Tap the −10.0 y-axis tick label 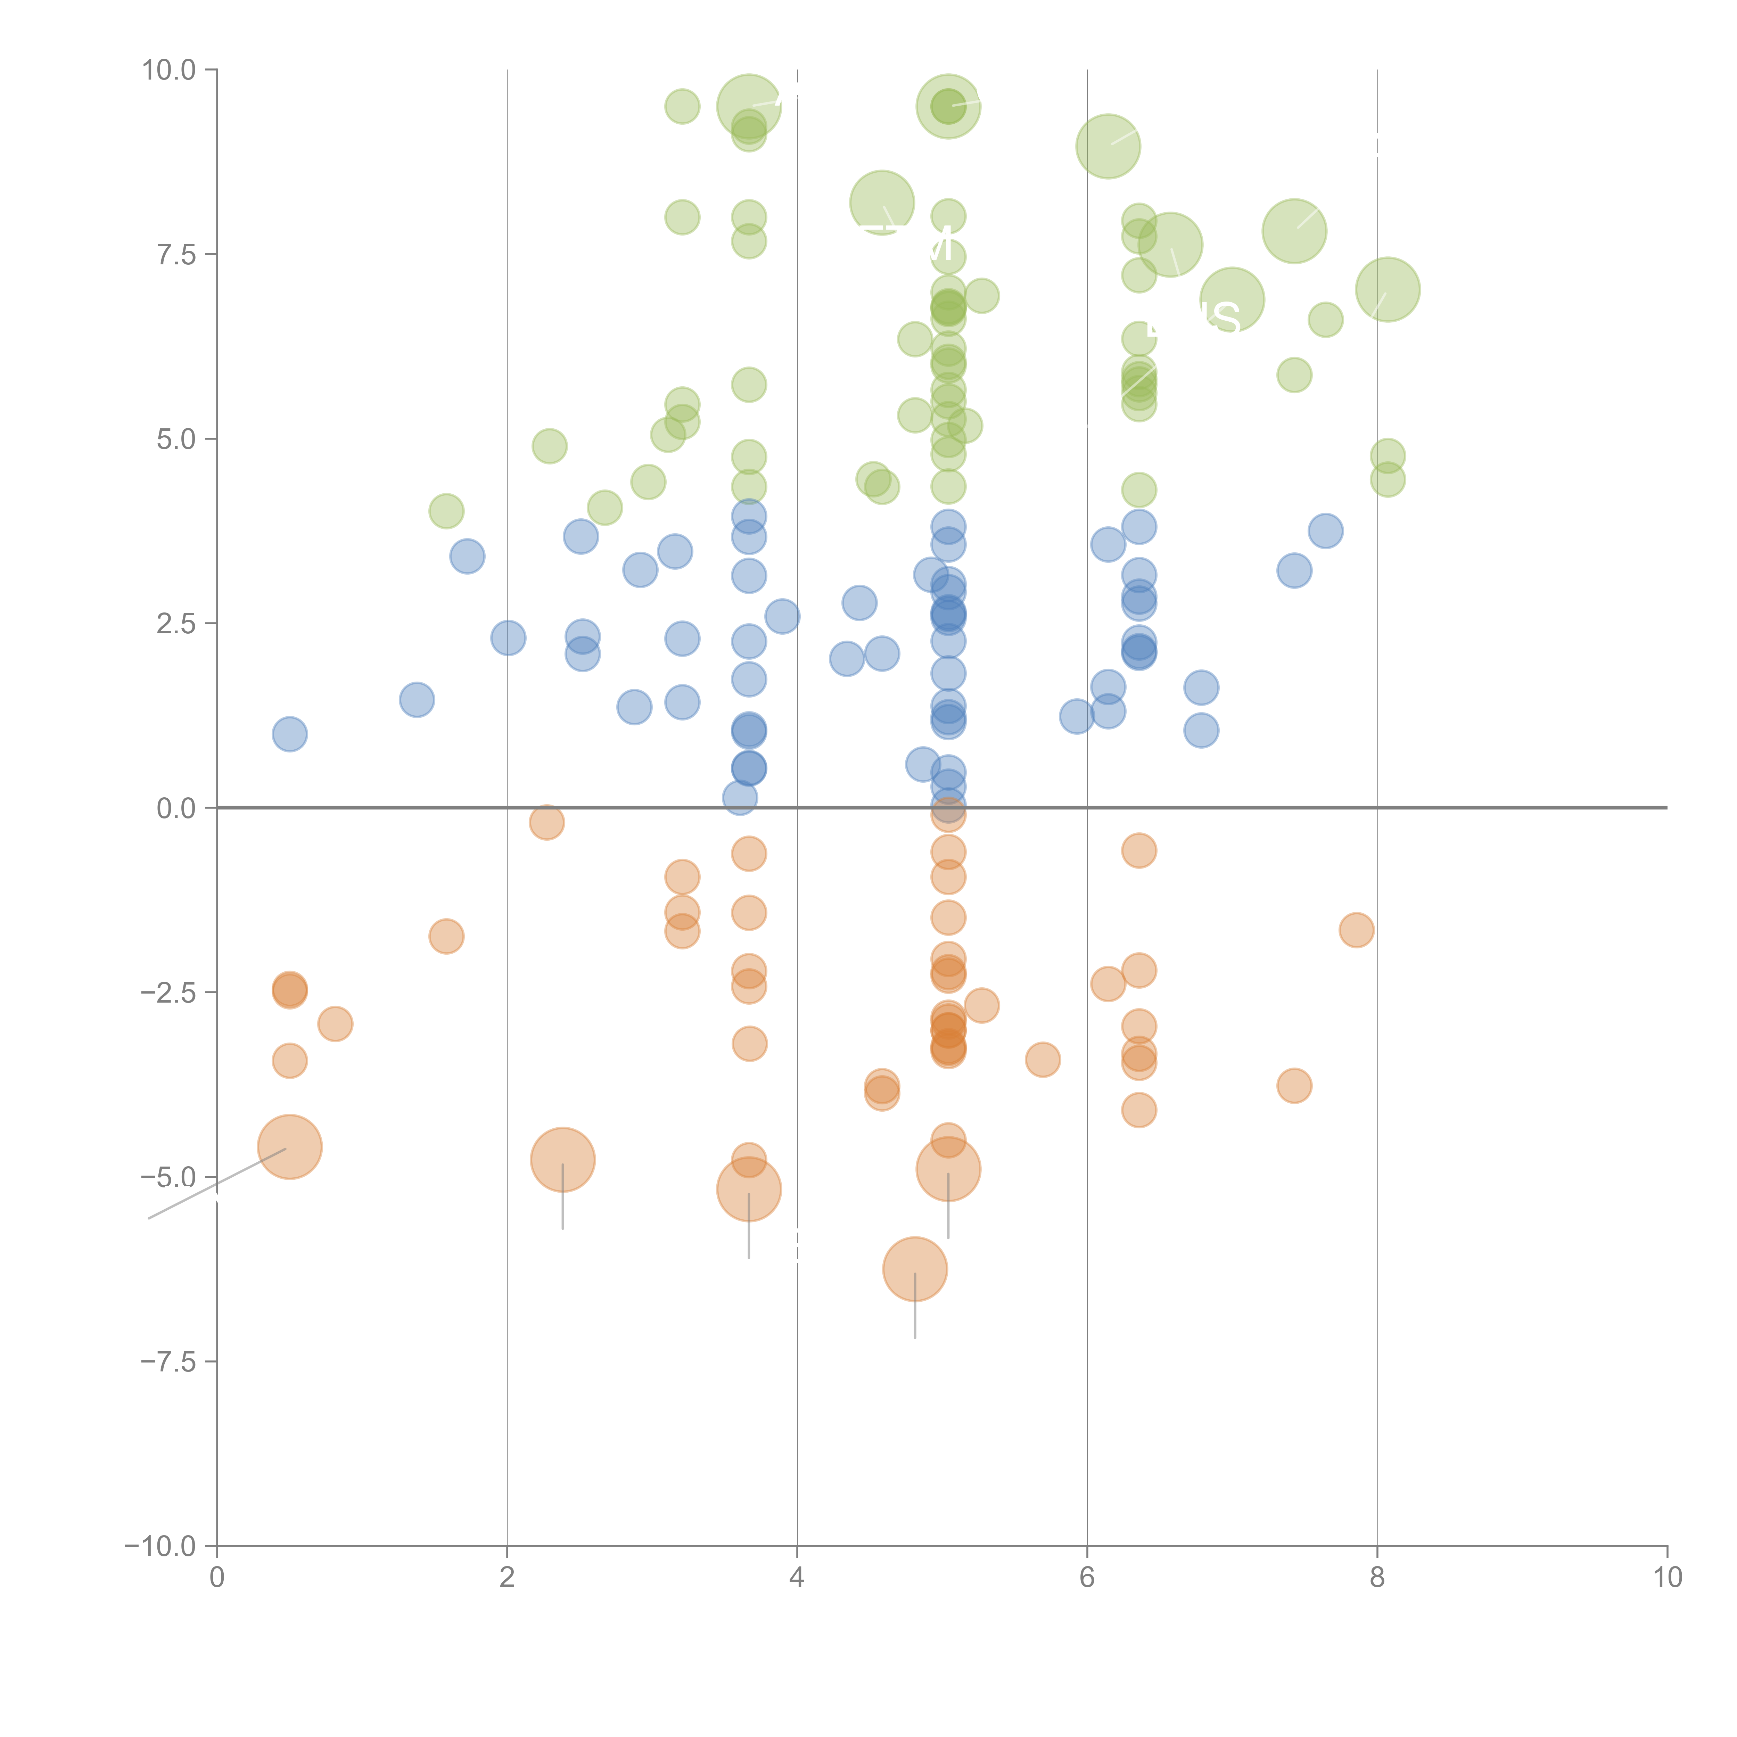(160, 1546)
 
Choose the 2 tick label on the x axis (507, 1578)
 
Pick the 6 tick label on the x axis (1087, 1578)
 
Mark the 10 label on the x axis (1667, 1578)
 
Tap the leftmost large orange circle (289, 1146)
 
